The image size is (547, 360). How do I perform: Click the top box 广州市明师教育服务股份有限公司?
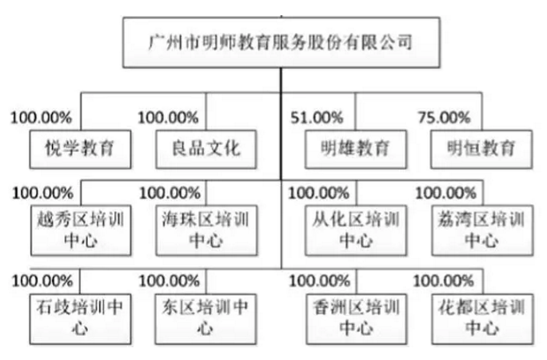pyautogui.click(x=281, y=42)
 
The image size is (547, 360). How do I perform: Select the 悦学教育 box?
pyautogui.click(x=80, y=150)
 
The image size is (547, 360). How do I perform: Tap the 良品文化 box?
pyautogui.click(x=206, y=150)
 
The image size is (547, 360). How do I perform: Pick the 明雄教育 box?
pyautogui.click(x=356, y=150)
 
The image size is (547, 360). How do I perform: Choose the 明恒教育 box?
pyautogui.click(x=481, y=150)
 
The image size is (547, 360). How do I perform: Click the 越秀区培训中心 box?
pyautogui.click(x=81, y=230)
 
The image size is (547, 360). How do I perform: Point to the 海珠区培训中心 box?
pyautogui.click(x=206, y=230)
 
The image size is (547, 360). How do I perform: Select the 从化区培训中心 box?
pyautogui.click(x=356, y=230)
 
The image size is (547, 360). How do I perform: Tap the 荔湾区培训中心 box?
pyautogui.click(x=482, y=230)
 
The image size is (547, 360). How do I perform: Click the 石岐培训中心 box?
pyautogui.click(x=80, y=319)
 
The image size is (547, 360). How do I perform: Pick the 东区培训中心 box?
pyautogui.click(x=206, y=319)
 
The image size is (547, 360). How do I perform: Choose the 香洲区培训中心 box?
pyautogui.click(x=357, y=319)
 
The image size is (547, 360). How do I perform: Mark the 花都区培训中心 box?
pyautogui.click(x=482, y=319)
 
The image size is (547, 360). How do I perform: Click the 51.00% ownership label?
pyautogui.click(x=317, y=118)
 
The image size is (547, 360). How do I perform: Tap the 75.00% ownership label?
pyautogui.click(x=444, y=118)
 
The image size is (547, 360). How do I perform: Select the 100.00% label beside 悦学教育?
pyautogui.click(x=41, y=118)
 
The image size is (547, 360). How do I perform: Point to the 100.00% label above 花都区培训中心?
pyautogui.click(x=443, y=281)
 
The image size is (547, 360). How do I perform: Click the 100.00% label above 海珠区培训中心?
pyautogui.click(x=170, y=193)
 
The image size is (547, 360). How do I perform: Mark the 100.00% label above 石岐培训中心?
pyautogui.click(x=42, y=281)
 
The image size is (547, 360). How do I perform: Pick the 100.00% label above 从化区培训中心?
pyautogui.click(x=318, y=193)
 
